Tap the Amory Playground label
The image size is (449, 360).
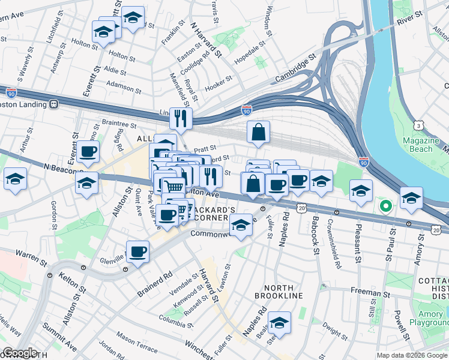429,318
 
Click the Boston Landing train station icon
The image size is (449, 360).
53,104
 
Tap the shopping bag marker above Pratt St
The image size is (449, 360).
258,133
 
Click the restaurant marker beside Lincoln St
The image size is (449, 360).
181,118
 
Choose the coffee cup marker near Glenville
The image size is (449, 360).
138,252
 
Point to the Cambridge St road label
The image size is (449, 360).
295,70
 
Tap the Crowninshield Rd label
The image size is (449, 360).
335,251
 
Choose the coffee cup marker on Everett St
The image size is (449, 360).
88,152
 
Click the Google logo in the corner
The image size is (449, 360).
20,353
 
